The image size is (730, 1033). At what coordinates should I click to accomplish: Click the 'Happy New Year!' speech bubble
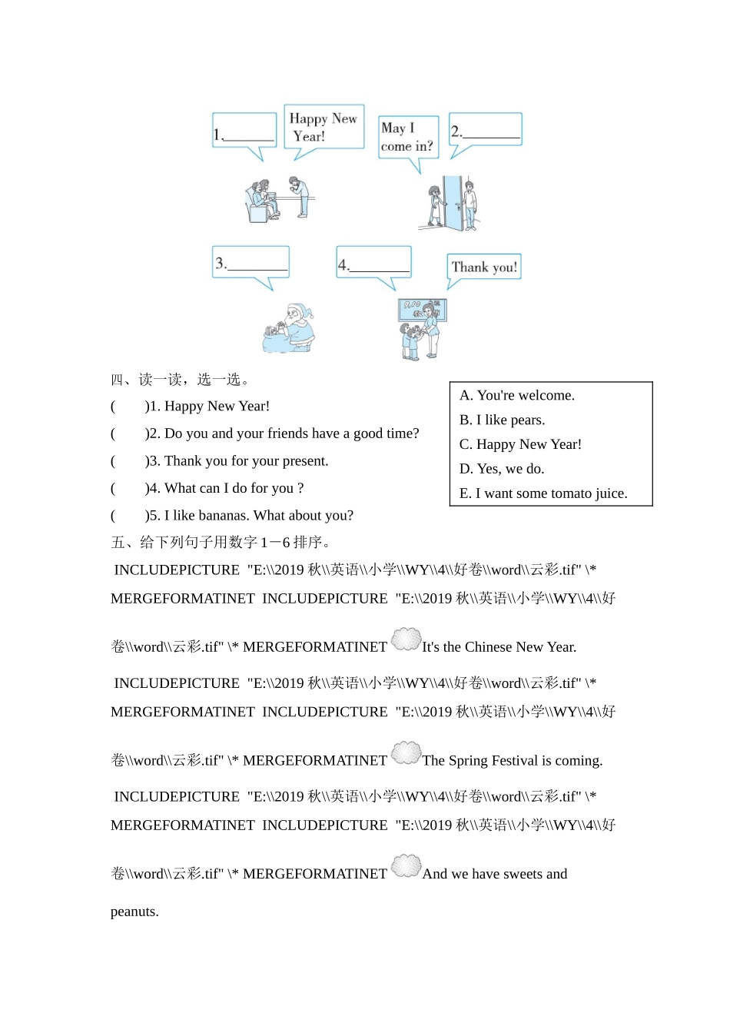(x=324, y=127)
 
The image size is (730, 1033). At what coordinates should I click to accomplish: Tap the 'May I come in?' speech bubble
(x=408, y=137)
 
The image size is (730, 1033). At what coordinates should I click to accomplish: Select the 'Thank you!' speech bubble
(x=484, y=267)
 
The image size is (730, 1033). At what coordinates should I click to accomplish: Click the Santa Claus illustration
(x=290, y=328)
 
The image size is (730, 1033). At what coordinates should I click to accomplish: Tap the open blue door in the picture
(x=454, y=203)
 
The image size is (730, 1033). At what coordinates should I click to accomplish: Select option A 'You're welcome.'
(x=516, y=395)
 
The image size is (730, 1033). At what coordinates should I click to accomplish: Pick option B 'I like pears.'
(x=502, y=420)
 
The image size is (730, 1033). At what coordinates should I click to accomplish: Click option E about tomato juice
(x=543, y=493)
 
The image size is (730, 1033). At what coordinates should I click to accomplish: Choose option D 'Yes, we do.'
(x=501, y=469)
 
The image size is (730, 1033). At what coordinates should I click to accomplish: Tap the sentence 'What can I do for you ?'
(x=234, y=488)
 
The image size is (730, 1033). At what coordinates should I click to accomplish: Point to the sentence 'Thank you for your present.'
(x=246, y=461)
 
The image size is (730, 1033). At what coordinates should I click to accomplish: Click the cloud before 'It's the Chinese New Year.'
(x=406, y=639)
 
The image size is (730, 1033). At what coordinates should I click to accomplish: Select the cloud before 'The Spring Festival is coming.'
(x=406, y=753)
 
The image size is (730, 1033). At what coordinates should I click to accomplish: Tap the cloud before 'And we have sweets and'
(x=406, y=866)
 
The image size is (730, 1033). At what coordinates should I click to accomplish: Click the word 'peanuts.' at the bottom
(x=134, y=912)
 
